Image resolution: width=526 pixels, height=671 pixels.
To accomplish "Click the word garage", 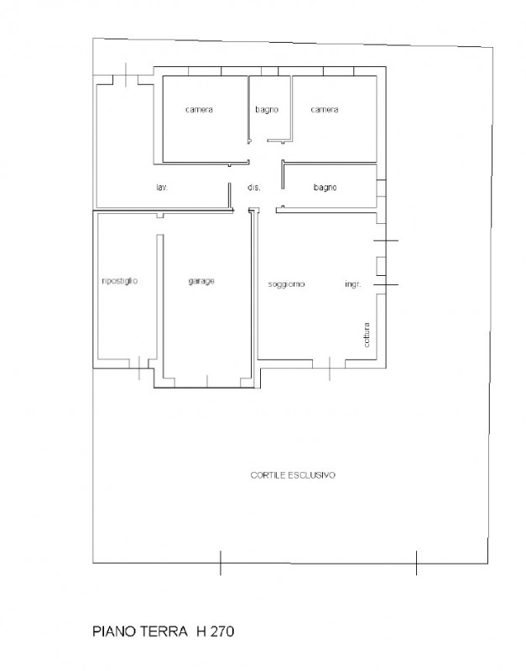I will click(201, 281).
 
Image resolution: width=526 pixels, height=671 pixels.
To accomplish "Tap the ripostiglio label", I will click(119, 281).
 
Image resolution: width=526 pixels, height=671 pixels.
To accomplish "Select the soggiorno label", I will click(287, 284).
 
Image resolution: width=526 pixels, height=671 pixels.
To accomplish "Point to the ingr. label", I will click(352, 284).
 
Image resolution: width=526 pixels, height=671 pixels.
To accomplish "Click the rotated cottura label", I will click(367, 334).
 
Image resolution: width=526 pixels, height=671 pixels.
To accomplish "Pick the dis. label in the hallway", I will click(253, 188).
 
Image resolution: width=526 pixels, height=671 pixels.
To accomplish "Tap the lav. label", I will click(162, 188).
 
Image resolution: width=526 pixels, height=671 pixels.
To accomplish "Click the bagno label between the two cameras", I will click(267, 110).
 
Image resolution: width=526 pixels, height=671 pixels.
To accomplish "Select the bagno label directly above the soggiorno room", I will click(325, 188).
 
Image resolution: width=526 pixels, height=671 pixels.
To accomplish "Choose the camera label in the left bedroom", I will click(199, 110).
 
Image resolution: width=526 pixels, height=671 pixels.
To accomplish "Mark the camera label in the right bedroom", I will click(324, 110).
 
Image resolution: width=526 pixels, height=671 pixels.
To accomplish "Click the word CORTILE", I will click(269, 475).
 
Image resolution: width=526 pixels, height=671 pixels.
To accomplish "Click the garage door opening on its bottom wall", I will click(206, 387).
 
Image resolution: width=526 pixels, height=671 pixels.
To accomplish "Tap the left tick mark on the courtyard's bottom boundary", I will click(220, 562).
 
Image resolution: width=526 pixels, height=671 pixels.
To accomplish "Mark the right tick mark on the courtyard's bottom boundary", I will click(416, 562).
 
